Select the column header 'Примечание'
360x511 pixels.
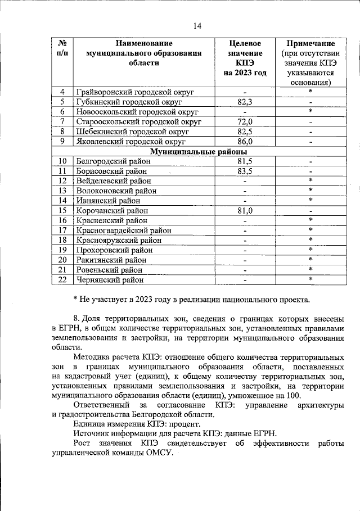pos(310,43)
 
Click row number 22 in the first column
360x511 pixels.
pos(62,279)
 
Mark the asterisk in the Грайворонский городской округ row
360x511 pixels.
pos(310,92)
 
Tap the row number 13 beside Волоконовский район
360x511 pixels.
pos(62,191)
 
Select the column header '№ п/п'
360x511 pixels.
pos(62,48)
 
